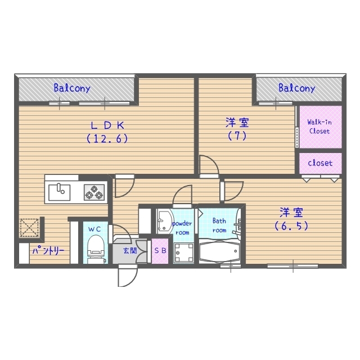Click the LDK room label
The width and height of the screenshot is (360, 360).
tap(108, 125)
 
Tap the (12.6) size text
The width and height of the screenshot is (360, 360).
tap(108, 138)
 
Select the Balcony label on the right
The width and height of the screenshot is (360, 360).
tap(296, 88)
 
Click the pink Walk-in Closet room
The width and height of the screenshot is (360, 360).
tap(319, 127)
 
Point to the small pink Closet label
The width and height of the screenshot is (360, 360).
tap(319, 164)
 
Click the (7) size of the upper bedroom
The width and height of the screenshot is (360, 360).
tap(238, 136)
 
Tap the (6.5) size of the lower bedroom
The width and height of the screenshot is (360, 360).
tap(291, 226)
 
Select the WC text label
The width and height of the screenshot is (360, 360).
tap(94, 229)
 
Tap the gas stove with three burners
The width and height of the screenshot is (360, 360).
tap(94, 192)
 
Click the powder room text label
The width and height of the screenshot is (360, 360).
tap(182, 227)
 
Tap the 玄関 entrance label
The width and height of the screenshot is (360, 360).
tap(130, 251)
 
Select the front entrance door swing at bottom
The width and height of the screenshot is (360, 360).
tap(126, 276)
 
